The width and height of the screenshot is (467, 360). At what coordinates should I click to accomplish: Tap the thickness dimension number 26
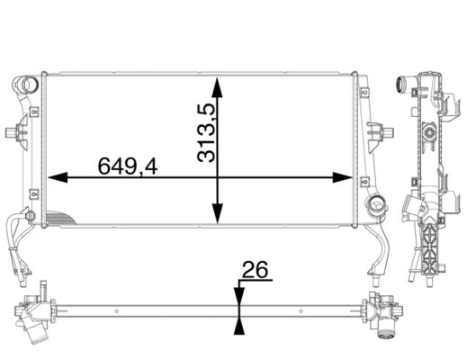click(255, 269)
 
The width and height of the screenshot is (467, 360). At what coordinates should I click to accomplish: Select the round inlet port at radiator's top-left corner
click(27, 87)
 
